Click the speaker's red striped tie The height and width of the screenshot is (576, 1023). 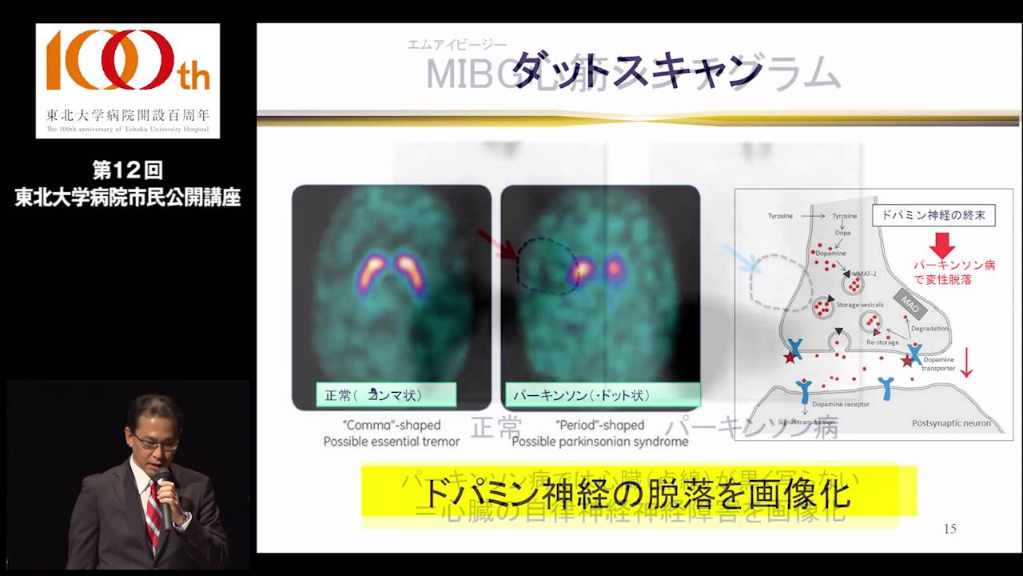[153, 512]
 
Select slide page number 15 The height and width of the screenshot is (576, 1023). [949, 529]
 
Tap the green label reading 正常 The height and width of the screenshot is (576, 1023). [385, 394]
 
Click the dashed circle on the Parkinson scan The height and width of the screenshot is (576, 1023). [547, 265]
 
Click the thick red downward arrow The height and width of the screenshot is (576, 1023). [944, 245]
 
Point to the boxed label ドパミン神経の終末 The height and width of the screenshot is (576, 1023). [933, 216]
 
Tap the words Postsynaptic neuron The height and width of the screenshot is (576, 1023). [951, 423]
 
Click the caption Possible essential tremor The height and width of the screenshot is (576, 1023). [392, 442]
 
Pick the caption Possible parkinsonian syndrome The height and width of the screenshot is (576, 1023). [599, 442]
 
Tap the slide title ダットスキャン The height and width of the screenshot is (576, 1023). [636, 70]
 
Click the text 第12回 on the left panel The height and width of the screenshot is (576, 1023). [128, 170]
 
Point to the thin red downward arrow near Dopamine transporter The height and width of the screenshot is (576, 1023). [966, 362]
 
